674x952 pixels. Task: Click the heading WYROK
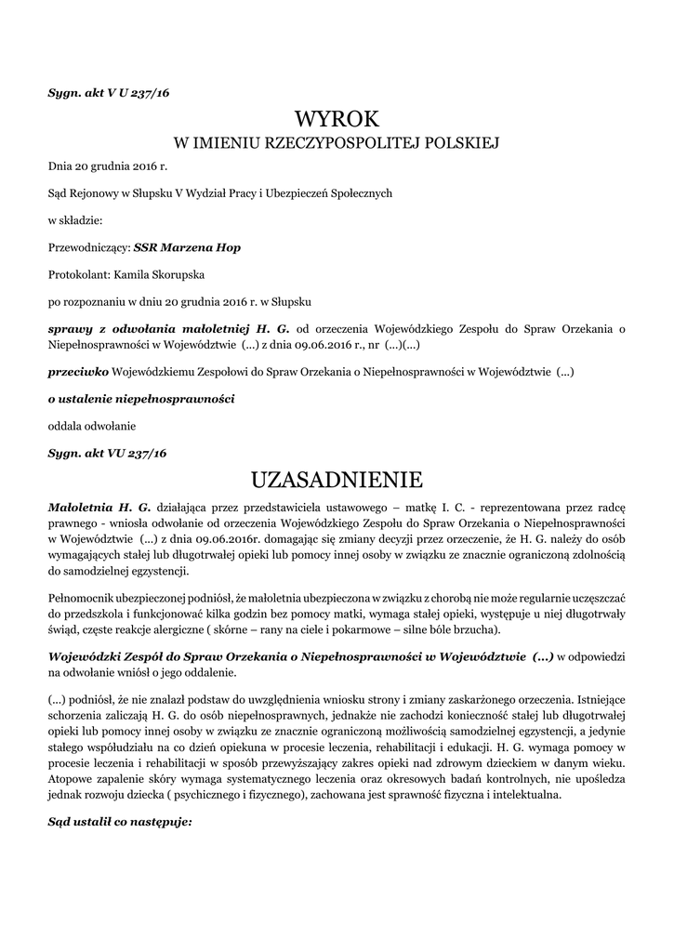click(x=337, y=119)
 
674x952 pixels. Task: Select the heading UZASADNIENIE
click(x=337, y=481)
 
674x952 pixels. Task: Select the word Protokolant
click(x=79, y=275)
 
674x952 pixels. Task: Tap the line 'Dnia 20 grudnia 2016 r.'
click(x=107, y=166)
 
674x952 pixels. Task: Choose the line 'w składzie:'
click(x=75, y=221)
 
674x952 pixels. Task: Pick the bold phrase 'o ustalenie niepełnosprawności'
click(x=140, y=399)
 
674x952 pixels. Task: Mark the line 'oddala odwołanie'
click(x=91, y=426)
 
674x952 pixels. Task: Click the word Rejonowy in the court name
click(x=95, y=193)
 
